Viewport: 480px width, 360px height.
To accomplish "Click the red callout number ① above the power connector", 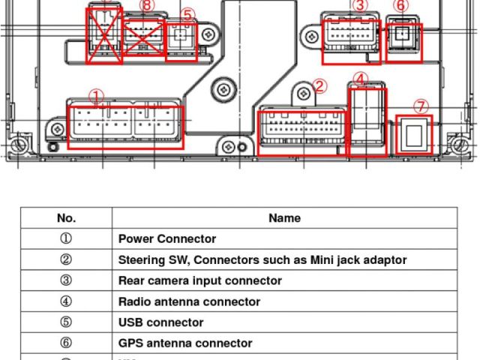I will (96, 97).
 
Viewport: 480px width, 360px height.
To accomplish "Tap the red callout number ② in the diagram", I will (320, 86).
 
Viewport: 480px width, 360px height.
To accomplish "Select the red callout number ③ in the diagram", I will (360, 6).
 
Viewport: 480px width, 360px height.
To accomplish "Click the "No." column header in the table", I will (66, 218).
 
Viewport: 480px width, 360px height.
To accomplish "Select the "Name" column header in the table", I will (284, 218).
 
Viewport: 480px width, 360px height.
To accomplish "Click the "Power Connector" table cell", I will (167, 239).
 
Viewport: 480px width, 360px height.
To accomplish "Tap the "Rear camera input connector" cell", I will (200, 280).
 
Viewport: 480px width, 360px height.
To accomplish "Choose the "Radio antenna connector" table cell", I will (189, 301).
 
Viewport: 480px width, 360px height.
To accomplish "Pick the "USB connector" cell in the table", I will (160, 322).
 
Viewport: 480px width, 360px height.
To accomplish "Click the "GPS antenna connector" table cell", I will (185, 343).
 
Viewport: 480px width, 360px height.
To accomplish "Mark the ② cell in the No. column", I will (66, 260).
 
